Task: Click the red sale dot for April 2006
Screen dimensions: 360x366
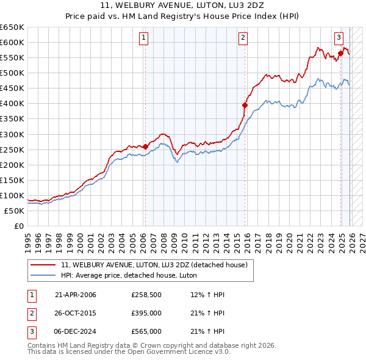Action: pyautogui.click(x=145, y=146)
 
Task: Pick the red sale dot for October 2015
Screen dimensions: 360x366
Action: pyautogui.click(x=245, y=105)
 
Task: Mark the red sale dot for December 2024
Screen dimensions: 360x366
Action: pyautogui.click(x=340, y=52)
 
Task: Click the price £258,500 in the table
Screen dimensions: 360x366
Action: pyautogui.click(x=146, y=295)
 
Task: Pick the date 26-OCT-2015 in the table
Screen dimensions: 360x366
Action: pyautogui.click(x=76, y=313)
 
